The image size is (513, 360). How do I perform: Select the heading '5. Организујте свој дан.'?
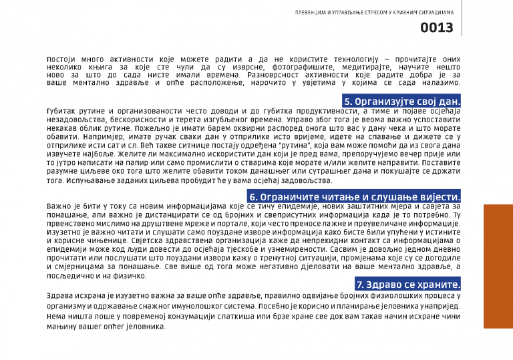[402, 101]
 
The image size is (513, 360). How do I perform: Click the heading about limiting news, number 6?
[355, 197]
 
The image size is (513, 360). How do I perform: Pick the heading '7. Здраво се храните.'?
[409, 285]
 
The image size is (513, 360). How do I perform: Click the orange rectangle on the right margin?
[498, 266]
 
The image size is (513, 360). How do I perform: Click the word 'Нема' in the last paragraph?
[57, 319]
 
